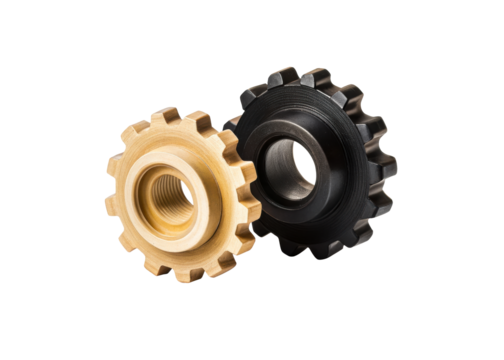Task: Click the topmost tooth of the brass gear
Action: point(170,116)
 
